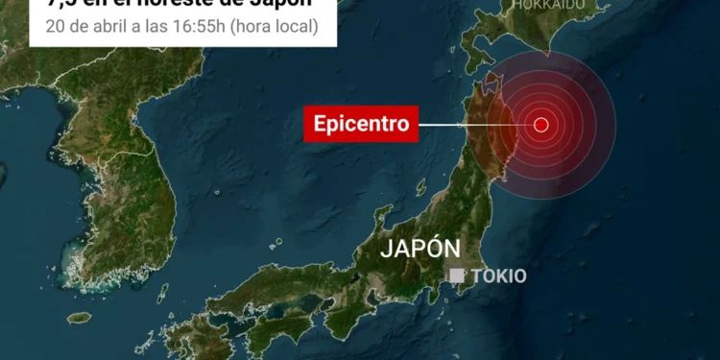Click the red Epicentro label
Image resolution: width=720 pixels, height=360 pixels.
coord(362,124)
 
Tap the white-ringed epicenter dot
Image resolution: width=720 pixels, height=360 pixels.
coord(540,124)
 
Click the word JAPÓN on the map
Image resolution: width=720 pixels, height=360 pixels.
coord(420,248)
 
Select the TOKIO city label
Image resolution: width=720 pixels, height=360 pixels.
coord(498,276)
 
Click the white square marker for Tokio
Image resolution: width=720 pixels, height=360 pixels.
coord(457,276)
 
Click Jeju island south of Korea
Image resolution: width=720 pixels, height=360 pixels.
coord(79,317)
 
